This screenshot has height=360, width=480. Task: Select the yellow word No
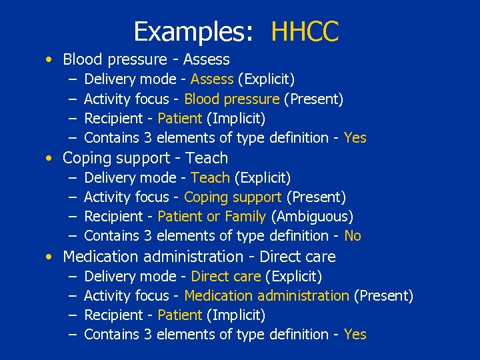(353, 236)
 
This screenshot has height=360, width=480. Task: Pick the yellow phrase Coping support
(233, 197)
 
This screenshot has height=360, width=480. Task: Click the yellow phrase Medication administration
(267, 295)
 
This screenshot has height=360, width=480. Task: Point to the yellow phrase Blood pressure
(231, 99)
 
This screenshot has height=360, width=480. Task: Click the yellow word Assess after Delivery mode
(212, 80)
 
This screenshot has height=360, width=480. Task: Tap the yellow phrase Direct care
(226, 276)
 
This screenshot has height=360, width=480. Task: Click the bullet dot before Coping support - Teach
(50, 159)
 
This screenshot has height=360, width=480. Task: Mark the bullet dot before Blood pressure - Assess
(50, 60)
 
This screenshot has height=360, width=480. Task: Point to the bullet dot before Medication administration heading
(50, 257)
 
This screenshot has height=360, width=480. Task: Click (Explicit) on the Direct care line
(294, 276)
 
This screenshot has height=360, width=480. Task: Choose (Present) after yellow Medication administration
(383, 295)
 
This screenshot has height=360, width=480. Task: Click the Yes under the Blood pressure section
(355, 138)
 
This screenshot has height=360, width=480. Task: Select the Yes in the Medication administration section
(355, 335)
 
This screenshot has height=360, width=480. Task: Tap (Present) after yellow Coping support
(316, 197)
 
